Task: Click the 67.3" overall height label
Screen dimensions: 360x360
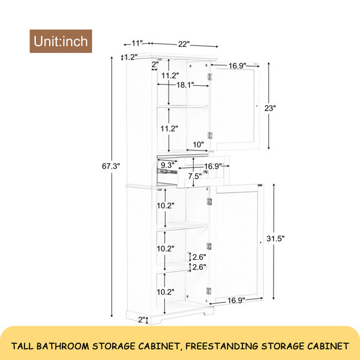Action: point(111,166)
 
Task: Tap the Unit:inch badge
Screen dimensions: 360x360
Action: point(61,41)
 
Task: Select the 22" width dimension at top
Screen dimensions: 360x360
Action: point(184,44)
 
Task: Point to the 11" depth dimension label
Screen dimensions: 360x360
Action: point(137,43)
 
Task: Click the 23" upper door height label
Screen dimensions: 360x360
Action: point(270,108)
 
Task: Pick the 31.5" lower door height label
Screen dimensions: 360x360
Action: point(275,239)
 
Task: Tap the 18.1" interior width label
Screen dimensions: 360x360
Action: point(185,85)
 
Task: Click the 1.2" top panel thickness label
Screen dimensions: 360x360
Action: point(131,57)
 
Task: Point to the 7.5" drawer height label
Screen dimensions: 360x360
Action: point(195,176)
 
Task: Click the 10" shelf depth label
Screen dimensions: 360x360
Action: point(199,145)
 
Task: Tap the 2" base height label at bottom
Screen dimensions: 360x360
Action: point(142,319)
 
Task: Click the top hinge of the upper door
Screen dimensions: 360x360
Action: point(209,77)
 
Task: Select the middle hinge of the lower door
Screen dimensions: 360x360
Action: point(209,247)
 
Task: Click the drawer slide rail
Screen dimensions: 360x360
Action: point(167,172)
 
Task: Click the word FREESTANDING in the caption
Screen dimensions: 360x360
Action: point(222,346)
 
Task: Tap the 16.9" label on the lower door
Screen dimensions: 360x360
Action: point(236,301)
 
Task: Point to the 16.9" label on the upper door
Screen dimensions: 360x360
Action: point(237,65)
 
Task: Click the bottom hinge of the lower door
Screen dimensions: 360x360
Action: point(209,291)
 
